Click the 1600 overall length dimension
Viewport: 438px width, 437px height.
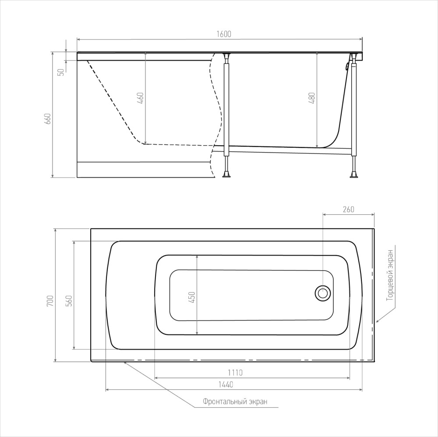pos(224,34)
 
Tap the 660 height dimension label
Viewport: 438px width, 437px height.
pos(48,119)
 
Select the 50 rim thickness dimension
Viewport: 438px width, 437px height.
pos(61,72)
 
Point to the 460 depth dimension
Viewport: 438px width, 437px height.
pos(141,98)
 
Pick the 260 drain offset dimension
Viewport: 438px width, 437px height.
pos(348,209)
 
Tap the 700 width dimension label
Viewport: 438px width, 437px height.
pos(50,301)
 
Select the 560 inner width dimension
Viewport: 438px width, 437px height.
pos(69,301)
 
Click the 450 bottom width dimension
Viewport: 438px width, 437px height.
pos(192,297)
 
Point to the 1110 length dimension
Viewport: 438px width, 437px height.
pos(235,373)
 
